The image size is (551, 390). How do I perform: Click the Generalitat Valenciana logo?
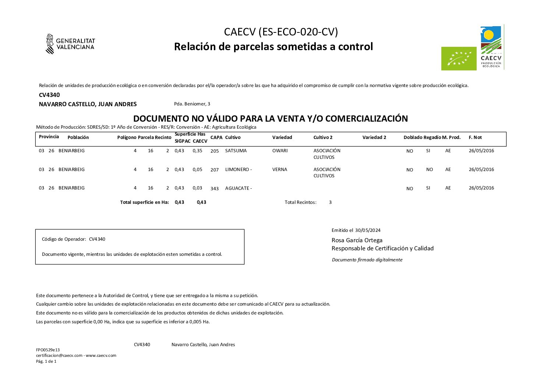(x=70, y=44)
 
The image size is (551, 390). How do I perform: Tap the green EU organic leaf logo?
(x=456, y=58)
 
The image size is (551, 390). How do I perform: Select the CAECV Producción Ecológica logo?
(x=491, y=47)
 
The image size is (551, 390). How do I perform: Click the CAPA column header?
(x=216, y=137)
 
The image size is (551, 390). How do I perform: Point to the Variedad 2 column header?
(x=374, y=137)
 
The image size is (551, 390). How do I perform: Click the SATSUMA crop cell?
(x=236, y=151)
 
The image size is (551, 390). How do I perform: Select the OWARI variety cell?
(x=280, y=151)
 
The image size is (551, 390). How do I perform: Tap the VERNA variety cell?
(x=279, y=170)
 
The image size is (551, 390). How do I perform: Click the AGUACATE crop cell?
(x=238, y=188)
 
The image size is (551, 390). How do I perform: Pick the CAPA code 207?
(x=215, y=170)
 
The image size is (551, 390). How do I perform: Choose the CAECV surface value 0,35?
(x=197, y=151)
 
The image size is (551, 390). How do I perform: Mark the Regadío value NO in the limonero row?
(x=429, y=170)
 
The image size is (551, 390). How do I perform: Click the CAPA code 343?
(x=215, y=189)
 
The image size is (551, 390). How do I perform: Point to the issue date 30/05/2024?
(x=368, y=230)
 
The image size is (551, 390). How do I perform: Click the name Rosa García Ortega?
(x=357, y=240)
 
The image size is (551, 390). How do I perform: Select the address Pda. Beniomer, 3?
(x=192, y=104)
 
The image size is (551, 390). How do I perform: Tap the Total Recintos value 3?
(x=330, y=202)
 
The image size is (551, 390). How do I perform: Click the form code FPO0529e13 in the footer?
(x=48, y=350)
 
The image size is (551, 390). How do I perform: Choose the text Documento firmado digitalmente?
(x=367, y=260)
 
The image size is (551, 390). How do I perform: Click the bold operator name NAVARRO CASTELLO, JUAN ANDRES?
(x=88, y=104)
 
